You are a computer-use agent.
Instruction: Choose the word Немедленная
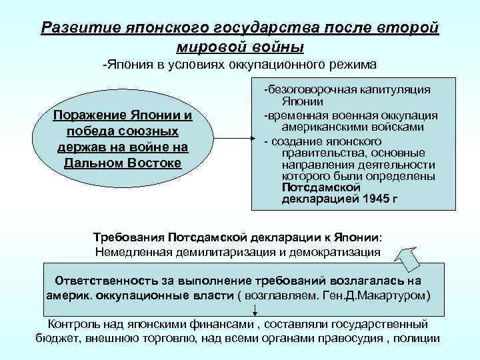[x=129, y=252]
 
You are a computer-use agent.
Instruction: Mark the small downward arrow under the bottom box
[x=255, y=310]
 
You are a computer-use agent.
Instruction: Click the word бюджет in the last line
[x=56, y=338]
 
